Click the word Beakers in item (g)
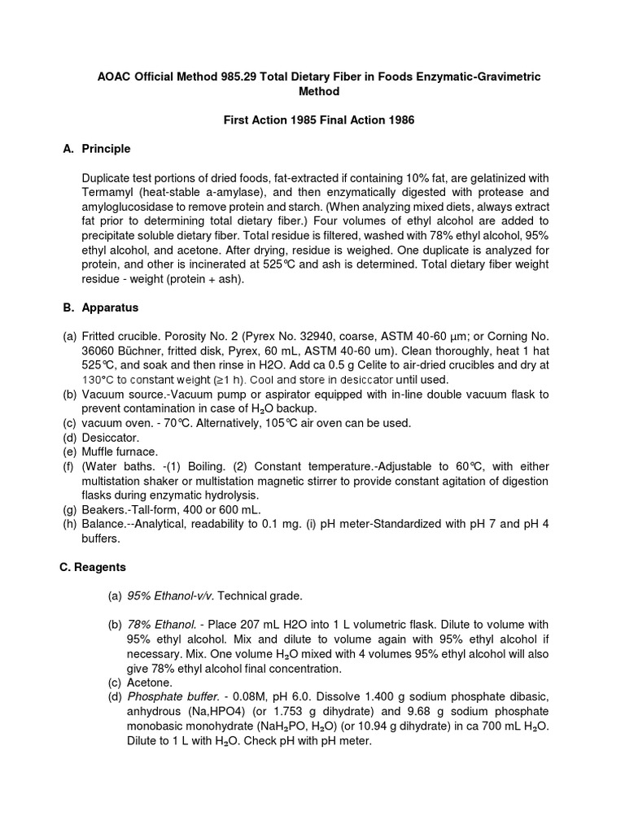(x=104, y=509)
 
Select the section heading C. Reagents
(x=94, y=567)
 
